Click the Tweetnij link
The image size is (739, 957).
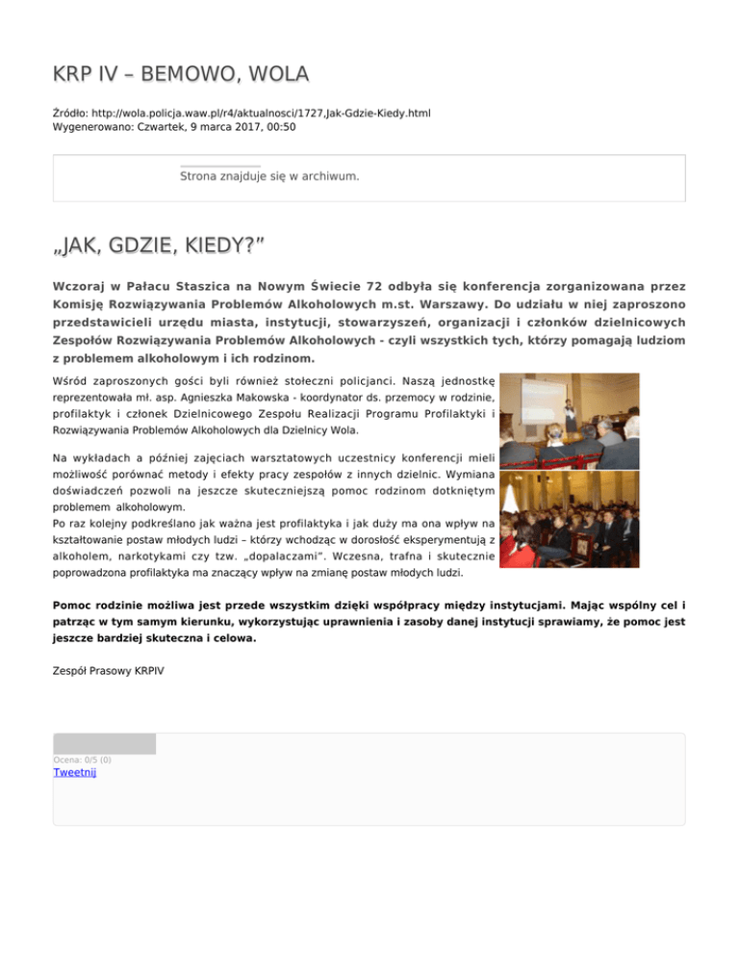(74, 772)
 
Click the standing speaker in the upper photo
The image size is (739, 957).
(571, 414)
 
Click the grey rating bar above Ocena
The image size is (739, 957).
(104, 743)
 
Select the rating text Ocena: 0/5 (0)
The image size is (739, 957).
(82, 760)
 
